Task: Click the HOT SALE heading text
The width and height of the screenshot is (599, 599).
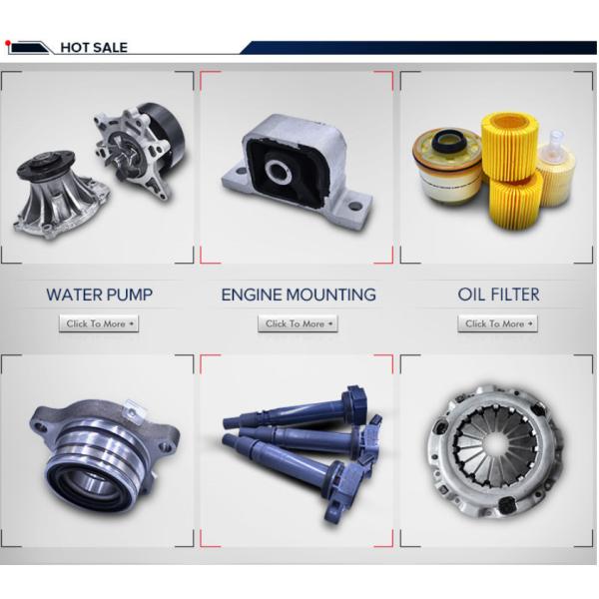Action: click(x=94, y=47)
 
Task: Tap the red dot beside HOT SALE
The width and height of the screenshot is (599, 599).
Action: click(x=7, y=42)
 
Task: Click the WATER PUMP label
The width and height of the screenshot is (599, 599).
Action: click(x=99, y=295)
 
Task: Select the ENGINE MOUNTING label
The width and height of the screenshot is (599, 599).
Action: click(x=299, y=295)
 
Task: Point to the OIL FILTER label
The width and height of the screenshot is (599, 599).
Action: click(x=498, y=295)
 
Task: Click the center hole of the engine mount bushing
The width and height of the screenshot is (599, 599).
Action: click(x=279, y=170)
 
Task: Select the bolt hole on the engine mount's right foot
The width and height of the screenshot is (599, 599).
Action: click(x=354, y=205)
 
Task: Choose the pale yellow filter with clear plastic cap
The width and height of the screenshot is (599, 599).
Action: click(x=556, y=168)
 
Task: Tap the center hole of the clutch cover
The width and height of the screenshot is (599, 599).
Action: click(x=496, y=444)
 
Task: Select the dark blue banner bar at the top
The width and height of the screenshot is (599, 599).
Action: click(x=418, y=47)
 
